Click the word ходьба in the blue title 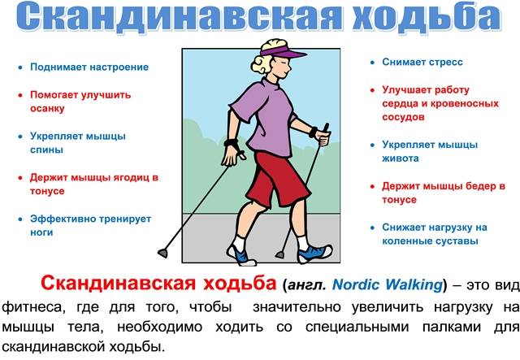click(427, 16)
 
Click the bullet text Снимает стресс click(422, 62)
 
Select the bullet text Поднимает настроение click(89, 67)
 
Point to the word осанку click(47, 109)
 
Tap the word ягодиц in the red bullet click(132, 177)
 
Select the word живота click(401, 158)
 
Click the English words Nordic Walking click(388, 284)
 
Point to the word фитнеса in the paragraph click(32, 307)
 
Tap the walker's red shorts click(277, 179)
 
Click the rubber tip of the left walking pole click(162, 254)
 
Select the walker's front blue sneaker click(314, 254)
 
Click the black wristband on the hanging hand click(231, 143)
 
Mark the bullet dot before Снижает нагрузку click(372, 228)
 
